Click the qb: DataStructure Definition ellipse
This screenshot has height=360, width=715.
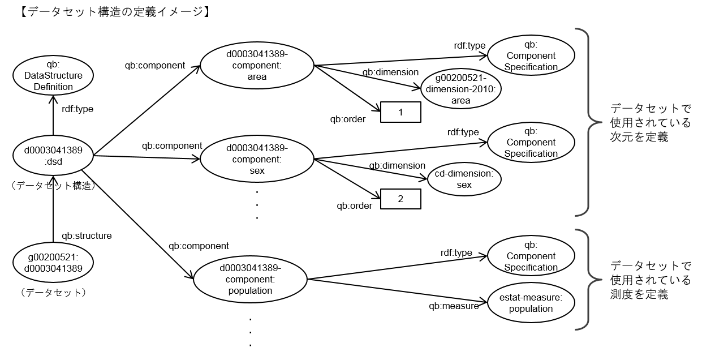point(53,75)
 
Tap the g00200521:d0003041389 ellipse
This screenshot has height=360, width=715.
point(53,263)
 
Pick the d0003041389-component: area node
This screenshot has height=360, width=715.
point(257,66)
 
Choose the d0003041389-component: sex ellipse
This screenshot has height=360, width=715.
point(257,160)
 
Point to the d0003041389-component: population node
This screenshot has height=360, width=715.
point(250,279)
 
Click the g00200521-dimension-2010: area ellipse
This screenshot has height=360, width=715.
point(461,89)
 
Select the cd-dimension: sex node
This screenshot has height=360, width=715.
point(464,179)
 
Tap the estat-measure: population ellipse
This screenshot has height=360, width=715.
point(531,303)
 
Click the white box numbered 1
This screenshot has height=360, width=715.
point(400,112)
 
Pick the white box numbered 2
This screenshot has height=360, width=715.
point(400,199)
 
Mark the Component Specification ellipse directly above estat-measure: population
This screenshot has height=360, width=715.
point(531,256)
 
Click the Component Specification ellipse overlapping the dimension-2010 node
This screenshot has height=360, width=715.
point(531,55)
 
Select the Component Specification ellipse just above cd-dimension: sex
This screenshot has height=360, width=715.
point(531,142)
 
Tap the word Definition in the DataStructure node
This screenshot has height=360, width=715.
point(53,87)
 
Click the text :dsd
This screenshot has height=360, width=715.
point(53,164)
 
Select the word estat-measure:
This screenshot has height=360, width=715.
point(531,297)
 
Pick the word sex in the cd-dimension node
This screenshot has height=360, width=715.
point(464,185)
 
